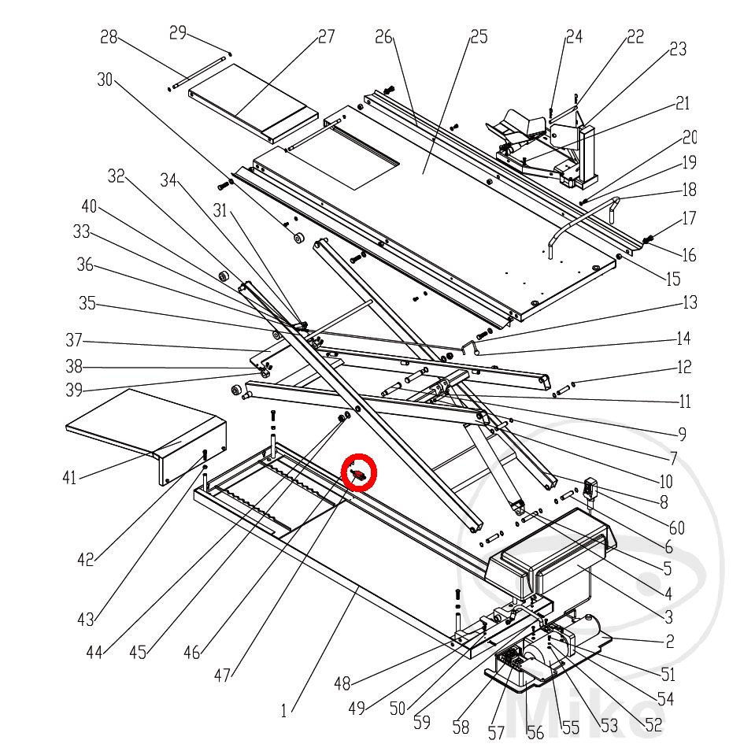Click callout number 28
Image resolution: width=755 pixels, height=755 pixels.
pos(109,37)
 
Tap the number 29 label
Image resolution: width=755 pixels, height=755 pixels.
pos(179,32)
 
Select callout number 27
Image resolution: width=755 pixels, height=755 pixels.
pos(326,36)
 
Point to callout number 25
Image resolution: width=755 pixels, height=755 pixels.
pos(479,36)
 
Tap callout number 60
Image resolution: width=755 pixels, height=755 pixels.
pos(676,527)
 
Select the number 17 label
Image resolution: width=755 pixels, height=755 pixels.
pos(689,218)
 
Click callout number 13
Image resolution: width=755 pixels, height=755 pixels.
pos(690,302)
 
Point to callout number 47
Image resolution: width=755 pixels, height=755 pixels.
pos(224,675)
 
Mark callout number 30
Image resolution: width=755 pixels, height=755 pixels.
pos(105,80)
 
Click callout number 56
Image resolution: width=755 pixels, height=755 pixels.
pos(535,733)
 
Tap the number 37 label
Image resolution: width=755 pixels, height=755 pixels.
pos(74,342)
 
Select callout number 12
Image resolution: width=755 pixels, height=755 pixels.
pos(684,366)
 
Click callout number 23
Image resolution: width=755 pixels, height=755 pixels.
pos(677,49)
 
